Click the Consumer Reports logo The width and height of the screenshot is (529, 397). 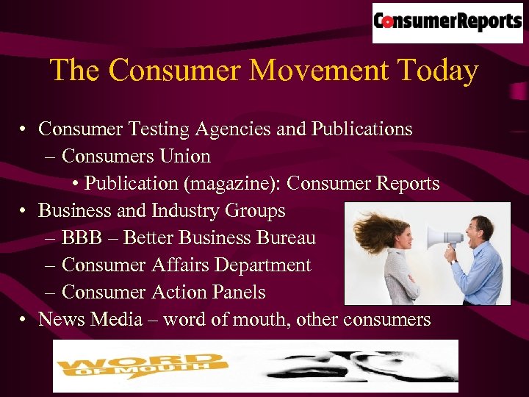[447, 22]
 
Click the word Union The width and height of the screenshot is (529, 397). [187, 157]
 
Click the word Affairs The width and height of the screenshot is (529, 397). [179, 265]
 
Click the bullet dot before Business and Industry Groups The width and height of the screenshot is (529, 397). [24, 212]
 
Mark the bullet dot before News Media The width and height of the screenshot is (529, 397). [24, 321]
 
